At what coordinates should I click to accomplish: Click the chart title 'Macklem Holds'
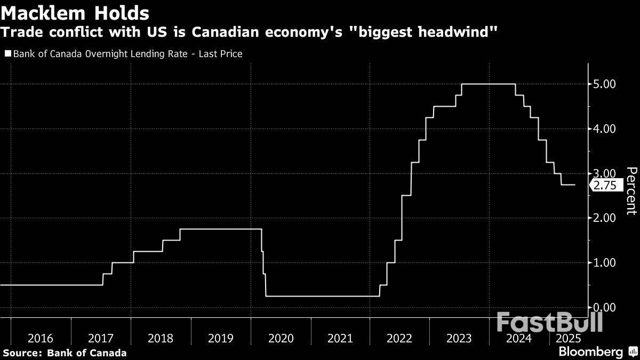point(75,12)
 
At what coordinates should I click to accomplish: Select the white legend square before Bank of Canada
point(7,54)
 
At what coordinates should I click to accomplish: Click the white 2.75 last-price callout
point(605,186)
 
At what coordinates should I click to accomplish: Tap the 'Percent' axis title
point(631,190)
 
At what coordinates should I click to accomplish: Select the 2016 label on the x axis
point(41,339)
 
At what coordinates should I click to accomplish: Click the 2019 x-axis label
point(220,339)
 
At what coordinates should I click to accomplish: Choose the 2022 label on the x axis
point(399,339)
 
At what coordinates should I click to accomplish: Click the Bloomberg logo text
point(590,352)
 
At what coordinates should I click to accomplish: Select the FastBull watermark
point(549,322)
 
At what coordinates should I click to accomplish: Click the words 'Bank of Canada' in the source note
point(87,353)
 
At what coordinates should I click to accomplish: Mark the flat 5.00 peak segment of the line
point(488,84)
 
